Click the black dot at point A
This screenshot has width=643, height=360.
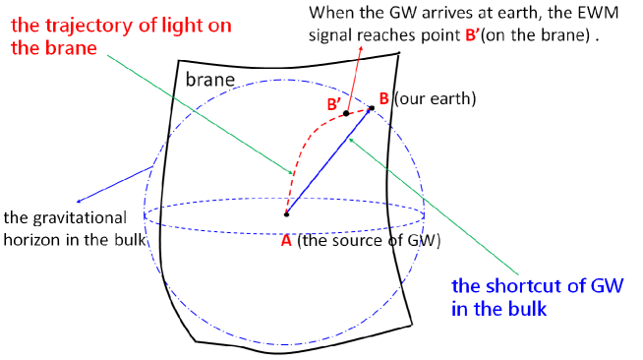click(x=286, y=213)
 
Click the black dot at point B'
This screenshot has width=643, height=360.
click(x=346, y=114)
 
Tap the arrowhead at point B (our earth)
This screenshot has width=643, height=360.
click(x=372, y=108)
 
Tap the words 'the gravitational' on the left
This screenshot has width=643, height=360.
click(x=66, y=216)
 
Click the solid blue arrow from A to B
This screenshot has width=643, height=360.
click(x=328, y=161)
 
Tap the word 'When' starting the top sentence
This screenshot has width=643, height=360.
click(x=329, y=15)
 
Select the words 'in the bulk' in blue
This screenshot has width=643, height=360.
click(x=499, y=308)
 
